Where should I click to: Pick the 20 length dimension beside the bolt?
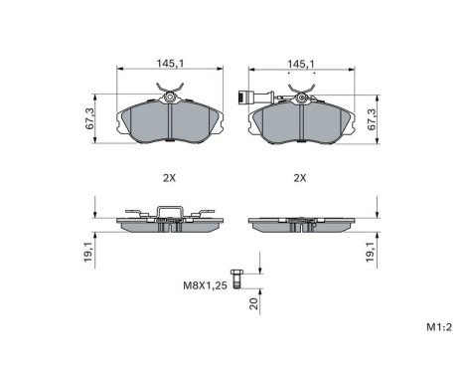click(x=254, y=305)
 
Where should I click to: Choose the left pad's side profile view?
click(x=169, y=225)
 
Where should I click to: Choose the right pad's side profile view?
click(x=299, y=224)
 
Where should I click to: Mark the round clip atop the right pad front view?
click(x=300, y=97)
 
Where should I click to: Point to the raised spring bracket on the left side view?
click(x=169, y=210)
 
